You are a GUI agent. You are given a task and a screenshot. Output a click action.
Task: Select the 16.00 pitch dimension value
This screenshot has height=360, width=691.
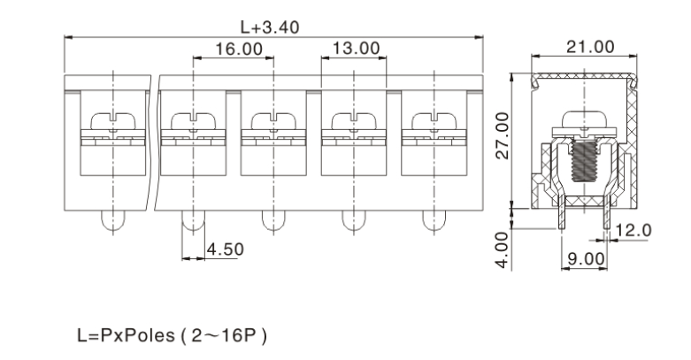coord(238,50)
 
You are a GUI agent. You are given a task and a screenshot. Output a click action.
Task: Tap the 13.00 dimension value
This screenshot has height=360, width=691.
coord(356,49)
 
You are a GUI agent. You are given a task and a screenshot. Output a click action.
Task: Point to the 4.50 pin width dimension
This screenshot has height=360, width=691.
coord(224,250)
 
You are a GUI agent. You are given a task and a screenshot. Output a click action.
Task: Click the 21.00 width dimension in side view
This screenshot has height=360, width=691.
coord(590,46)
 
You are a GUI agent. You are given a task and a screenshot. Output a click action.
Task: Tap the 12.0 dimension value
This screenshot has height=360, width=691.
coord(633,230)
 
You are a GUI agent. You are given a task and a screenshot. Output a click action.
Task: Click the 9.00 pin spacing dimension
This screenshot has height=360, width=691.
coord(585,258)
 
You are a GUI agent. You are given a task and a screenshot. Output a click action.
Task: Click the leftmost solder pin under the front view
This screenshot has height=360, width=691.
coord(113,219)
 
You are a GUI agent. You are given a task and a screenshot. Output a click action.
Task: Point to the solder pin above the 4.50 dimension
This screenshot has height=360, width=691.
coord(193,219)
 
